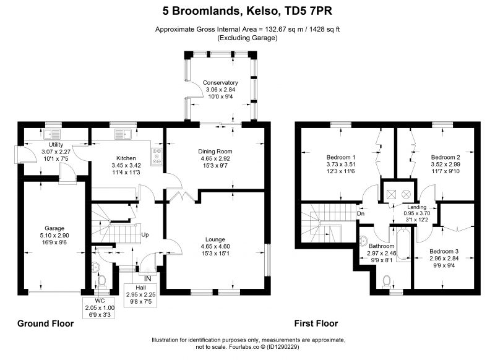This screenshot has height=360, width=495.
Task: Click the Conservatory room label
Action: pos(220,83)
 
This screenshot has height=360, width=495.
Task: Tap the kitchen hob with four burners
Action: pos(157,156)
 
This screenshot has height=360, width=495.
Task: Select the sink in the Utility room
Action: pos(53,134)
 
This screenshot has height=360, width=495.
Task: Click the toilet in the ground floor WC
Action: pos(101,280)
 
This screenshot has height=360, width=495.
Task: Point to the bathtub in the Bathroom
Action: pos(402,244)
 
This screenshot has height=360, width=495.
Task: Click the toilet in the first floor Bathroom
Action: pos(387,281)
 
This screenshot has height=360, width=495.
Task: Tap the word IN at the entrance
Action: pos(147,279)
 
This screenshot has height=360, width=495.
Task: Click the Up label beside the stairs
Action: pos(145,234)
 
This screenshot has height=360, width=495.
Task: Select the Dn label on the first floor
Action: pos(361,213)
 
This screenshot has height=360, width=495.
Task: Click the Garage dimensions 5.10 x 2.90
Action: pos(54,236)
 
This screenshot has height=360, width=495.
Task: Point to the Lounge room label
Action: pos(215,239)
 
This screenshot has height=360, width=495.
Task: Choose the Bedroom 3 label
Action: pos(444,252)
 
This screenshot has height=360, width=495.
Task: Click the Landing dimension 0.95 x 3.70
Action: pos(416,213)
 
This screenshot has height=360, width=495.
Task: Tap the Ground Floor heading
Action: pos(45,324)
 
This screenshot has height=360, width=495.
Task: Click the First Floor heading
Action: pos(316,324)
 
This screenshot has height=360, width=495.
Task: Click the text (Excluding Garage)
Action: pos(247,38)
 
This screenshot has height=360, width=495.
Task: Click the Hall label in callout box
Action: pos(141,288)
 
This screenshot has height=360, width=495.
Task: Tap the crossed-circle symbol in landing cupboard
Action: pos(407,194)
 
